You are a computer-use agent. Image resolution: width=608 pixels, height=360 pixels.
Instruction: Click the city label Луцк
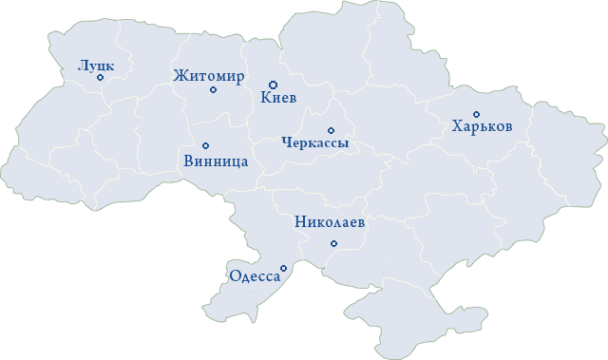click(x=96, y=66)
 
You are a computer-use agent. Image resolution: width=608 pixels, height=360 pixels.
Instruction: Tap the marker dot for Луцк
click(x=101, y=78)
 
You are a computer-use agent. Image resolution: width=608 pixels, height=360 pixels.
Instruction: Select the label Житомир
click(x=209, y=76)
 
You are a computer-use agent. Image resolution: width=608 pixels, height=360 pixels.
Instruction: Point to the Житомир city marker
click(x=213, y=90)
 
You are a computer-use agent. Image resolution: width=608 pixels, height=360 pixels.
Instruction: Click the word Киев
click(x=278, y=97)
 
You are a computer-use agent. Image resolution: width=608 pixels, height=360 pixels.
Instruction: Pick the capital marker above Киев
click(x=273, y=85)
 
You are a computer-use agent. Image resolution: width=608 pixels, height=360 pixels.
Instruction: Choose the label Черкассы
click(x=315, y=143)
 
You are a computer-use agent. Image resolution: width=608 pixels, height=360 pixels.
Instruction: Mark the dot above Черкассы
click(x=331, y=130)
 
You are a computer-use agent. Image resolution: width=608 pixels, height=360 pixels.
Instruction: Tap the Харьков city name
click(x=483, y=126)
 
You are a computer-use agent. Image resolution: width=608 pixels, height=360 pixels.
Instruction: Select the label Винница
click(x=215, y=161)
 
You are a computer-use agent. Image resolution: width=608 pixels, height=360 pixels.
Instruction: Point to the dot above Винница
click(x=205, y=145)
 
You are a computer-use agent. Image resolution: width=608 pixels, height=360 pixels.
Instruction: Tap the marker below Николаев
click(x=332, y=244)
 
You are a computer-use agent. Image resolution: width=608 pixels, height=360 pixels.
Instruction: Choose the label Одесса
click(x=255, y=276)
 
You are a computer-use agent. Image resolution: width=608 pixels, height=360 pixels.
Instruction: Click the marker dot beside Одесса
click(x=283, y=269)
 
